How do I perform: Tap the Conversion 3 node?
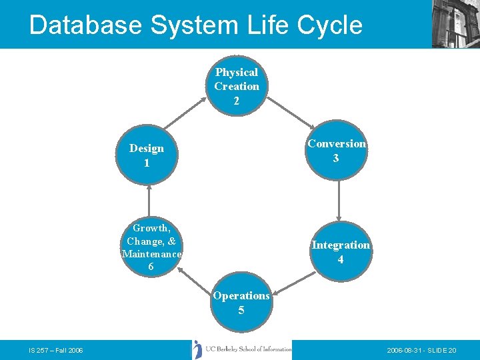(337, 151)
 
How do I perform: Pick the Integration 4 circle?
(340, 252)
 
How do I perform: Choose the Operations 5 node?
(241, 303)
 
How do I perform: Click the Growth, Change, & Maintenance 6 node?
(151, 247)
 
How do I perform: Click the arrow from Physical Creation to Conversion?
(290, 111)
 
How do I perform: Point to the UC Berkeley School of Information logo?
(242, 349)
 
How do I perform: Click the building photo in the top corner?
(455, 23)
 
